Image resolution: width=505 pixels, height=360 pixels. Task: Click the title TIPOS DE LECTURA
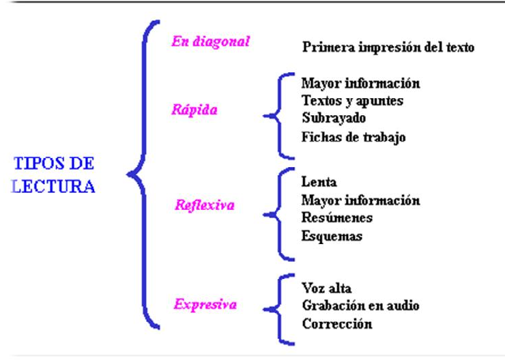tap(54, 175)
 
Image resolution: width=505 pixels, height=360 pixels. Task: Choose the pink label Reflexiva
tap(204, 205)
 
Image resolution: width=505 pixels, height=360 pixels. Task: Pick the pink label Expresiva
tap(205, 304)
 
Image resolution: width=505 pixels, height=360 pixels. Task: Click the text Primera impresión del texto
tap(388, 48)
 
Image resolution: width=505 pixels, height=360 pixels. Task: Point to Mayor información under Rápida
tap(360, 84)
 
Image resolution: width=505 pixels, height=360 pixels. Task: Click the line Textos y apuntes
tap(352, 101)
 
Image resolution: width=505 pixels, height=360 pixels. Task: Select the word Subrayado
tap(333, 119)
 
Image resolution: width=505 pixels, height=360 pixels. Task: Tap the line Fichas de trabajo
tap(353, 136)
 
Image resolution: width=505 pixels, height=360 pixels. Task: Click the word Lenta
tap(319, 183)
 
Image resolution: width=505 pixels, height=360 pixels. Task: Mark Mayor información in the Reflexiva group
tap(360, 200)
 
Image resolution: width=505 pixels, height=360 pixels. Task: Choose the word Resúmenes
tap(336, 218)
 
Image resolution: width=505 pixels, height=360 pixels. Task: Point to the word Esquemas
tap(332, 236)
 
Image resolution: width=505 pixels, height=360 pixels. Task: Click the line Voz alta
tap(326, 288)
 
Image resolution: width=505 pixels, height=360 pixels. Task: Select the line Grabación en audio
tap(360, 306)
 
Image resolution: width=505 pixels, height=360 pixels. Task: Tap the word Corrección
tap(336, 323)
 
